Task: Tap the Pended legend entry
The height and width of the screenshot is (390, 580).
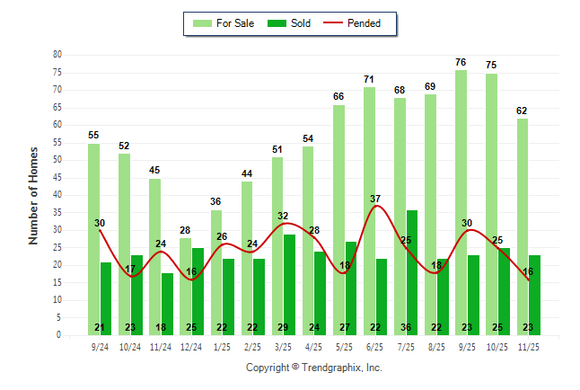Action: click(363, 23)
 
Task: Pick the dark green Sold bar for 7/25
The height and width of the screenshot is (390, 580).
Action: click(412, 270)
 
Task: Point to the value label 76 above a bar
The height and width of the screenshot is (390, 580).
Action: click(461, 62)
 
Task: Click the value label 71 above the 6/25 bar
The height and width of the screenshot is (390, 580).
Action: click(369, 80)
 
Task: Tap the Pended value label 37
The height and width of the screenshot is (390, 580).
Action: click(375, 199)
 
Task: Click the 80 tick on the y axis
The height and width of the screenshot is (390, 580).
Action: click(57, 55)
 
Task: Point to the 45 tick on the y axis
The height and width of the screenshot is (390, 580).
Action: click(57, 178)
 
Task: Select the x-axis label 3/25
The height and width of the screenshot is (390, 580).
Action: click(284, 346)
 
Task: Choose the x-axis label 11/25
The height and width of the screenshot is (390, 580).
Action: click(529, 346)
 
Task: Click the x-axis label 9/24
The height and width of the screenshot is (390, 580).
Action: click(100, 346)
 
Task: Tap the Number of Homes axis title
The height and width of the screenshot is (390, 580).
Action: click(33, 195)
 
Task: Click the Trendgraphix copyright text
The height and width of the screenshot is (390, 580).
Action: click(314, 368)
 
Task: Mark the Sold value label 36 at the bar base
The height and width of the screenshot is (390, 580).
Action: click(412, 327)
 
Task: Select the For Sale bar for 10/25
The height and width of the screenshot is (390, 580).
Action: click(491, 198)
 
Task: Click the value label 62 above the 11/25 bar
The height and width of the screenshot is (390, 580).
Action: click(522, 111)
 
